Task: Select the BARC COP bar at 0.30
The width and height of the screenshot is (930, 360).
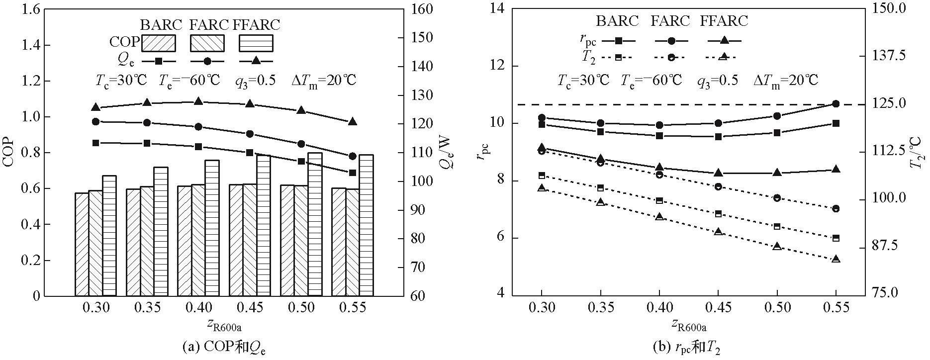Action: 82,244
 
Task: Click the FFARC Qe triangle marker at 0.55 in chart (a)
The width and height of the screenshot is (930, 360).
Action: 352,122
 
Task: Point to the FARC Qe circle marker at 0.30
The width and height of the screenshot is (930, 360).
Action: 96,121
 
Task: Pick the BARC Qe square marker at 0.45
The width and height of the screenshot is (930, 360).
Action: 250,153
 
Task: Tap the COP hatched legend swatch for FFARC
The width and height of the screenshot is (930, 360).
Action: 256,43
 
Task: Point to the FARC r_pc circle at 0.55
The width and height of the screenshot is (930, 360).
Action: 836,103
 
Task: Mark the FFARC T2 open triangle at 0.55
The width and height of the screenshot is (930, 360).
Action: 836,259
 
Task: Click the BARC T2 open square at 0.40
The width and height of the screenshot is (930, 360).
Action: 659,200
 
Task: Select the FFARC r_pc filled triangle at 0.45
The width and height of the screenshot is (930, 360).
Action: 718,173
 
